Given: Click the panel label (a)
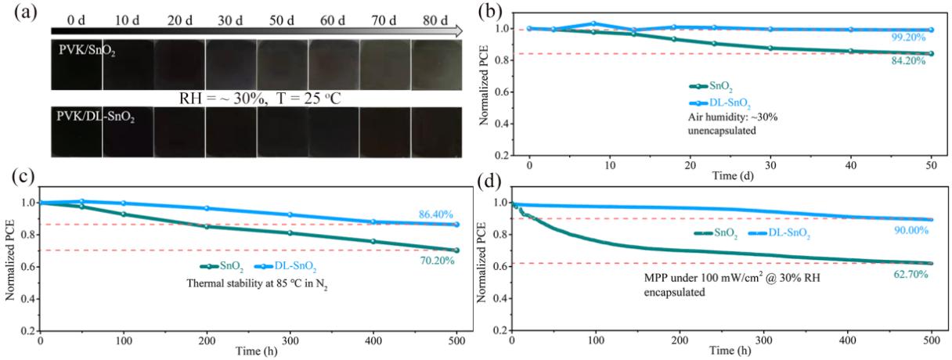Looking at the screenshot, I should tap(23, 10).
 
